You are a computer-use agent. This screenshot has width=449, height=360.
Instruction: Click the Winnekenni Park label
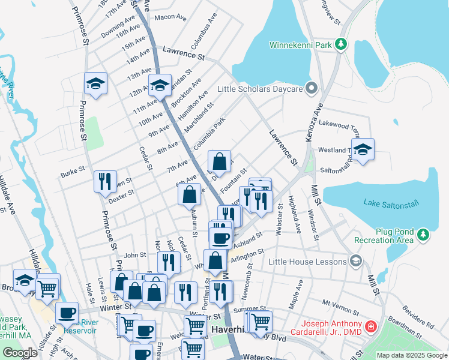coord(301,44)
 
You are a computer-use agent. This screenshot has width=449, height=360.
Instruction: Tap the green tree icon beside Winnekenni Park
coord(341,44)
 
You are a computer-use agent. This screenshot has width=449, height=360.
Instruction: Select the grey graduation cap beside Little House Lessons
coord(357,260)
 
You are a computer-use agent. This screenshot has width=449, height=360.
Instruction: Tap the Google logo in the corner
coord(20,353)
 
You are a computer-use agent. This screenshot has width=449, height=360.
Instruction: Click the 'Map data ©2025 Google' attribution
coord(412,355)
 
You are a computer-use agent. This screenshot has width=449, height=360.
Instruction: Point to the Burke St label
coord(73,173)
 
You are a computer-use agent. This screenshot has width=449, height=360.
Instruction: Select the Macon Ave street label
coord(167,17)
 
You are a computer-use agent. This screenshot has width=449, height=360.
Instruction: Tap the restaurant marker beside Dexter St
coord(105,181)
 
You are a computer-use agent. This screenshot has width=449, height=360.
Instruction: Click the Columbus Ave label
coord(204,34)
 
